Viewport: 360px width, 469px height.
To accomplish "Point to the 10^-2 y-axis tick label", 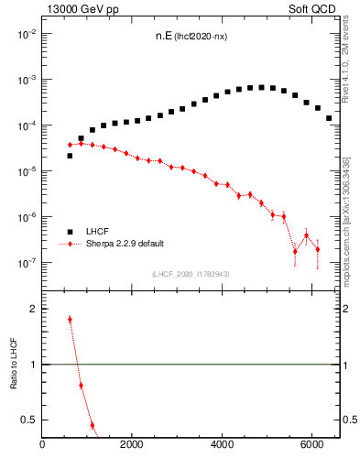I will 27,34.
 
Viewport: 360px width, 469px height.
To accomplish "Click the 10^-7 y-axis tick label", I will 27,263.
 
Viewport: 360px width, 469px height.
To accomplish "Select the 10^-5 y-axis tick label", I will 27,171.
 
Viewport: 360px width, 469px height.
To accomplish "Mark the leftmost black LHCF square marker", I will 70,156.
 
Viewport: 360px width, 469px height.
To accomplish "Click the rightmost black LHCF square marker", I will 329,118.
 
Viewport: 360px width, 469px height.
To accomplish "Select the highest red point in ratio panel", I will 70,320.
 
